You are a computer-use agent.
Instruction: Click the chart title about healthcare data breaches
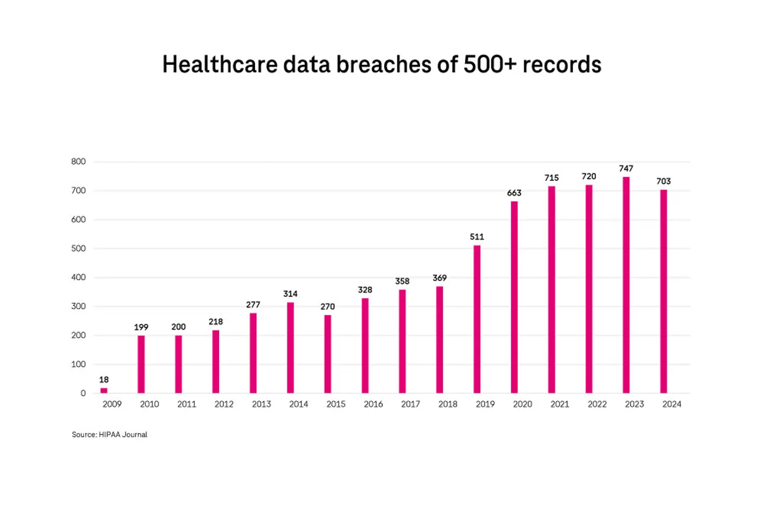[381, 65]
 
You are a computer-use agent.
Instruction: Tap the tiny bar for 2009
[104, 390]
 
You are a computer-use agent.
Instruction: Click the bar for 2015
[328, 354]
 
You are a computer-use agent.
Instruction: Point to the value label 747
[626, 169]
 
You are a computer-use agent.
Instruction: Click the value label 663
[514, 193]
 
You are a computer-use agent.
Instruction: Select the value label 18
[104, 380]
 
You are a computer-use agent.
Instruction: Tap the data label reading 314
[290, 294]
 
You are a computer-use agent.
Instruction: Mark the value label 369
[439, 278]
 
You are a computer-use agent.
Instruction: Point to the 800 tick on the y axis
[79, 162]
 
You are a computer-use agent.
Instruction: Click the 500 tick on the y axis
[79, 249]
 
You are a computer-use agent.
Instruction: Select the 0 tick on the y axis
[83, 393]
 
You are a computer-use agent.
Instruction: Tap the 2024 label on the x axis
[672, 404]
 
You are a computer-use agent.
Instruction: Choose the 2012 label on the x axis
[224, 404]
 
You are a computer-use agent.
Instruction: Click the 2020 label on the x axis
[523, 404]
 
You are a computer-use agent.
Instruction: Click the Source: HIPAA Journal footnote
[110, 434]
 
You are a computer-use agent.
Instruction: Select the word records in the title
[562, 65]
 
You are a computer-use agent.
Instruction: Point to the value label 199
[141, 327]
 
